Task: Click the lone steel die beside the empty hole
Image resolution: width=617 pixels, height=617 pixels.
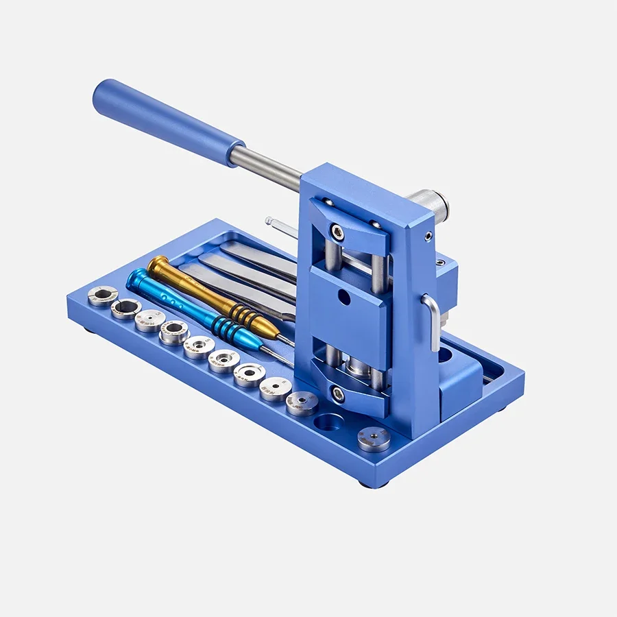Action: (x=374, y=438)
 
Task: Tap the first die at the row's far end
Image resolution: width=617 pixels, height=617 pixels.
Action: (x=102, y=295)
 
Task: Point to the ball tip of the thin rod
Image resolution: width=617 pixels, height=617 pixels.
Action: (x=269, y=221)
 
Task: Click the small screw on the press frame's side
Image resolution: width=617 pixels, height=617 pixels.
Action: (x=428, y=237)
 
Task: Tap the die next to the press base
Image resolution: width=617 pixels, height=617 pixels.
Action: (x=302, y=402)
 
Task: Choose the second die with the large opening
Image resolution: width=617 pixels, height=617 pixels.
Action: (x=126, y=308)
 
